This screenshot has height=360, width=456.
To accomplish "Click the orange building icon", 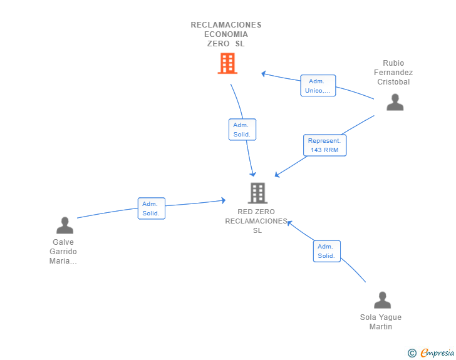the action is tap(227, 63).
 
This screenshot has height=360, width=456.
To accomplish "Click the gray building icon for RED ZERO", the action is tap(257, 193).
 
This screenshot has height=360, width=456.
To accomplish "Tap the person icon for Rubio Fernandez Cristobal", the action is tap(395, 102).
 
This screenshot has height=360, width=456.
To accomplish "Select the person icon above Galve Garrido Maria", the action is tap(65, 225).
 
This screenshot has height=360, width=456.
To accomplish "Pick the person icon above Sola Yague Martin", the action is tap(382, 300).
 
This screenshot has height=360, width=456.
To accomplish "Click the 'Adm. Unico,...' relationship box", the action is tap(318, 86).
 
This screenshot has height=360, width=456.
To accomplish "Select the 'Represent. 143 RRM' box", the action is tap(324, 145).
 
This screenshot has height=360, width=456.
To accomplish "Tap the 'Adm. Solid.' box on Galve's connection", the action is tap(151, 208).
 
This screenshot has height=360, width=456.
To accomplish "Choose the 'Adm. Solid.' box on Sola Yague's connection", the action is tap(326, 251).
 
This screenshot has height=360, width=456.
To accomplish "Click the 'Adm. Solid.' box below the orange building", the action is tap(242, 130).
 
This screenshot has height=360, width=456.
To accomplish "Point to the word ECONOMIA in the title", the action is tap(226, 34).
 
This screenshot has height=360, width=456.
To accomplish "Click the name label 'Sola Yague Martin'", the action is tap(381, 322).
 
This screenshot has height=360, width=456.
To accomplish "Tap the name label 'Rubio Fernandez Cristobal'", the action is tap(393, 73).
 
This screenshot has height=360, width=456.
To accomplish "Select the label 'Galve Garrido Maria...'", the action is tap(63, 252).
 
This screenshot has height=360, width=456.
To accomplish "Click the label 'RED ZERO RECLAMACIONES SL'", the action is tap(256, 221).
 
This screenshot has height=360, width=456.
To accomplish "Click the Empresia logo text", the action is tap(437, 352).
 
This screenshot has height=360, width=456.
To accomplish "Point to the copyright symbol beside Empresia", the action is tap(412, 353).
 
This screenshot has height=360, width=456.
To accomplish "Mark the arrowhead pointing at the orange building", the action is tap(263, 74).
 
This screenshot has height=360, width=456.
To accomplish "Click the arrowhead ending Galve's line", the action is tap(224, 200).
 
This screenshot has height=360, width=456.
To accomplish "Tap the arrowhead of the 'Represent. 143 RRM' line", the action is tap(277, 175).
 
